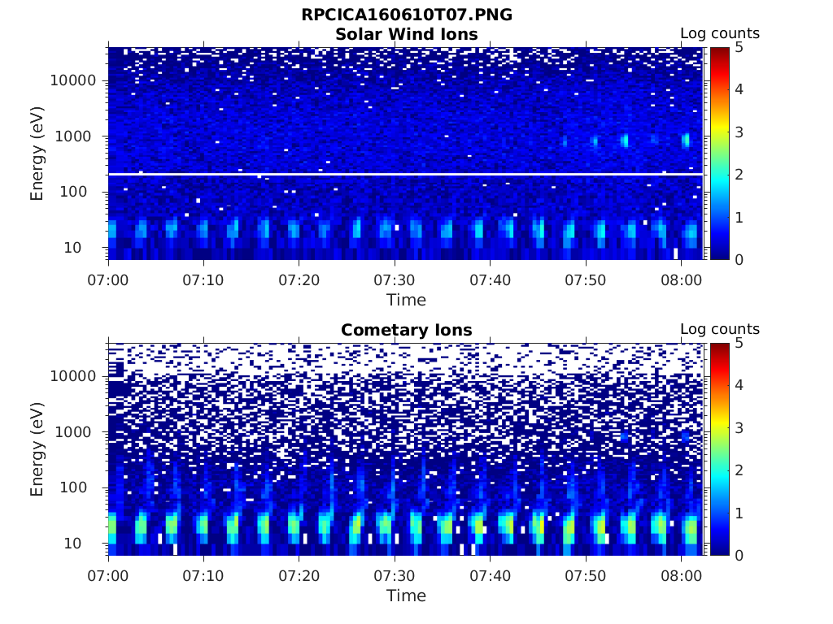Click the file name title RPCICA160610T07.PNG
coord(406,15)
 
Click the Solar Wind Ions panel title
coord(406,34)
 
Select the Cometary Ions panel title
coord(406,330)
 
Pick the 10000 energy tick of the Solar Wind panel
coord(73,81)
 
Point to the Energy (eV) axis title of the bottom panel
coord(37,448)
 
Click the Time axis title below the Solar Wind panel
coord(406,300)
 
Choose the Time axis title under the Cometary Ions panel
coord(406,596)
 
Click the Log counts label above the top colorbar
coord(719,34)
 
